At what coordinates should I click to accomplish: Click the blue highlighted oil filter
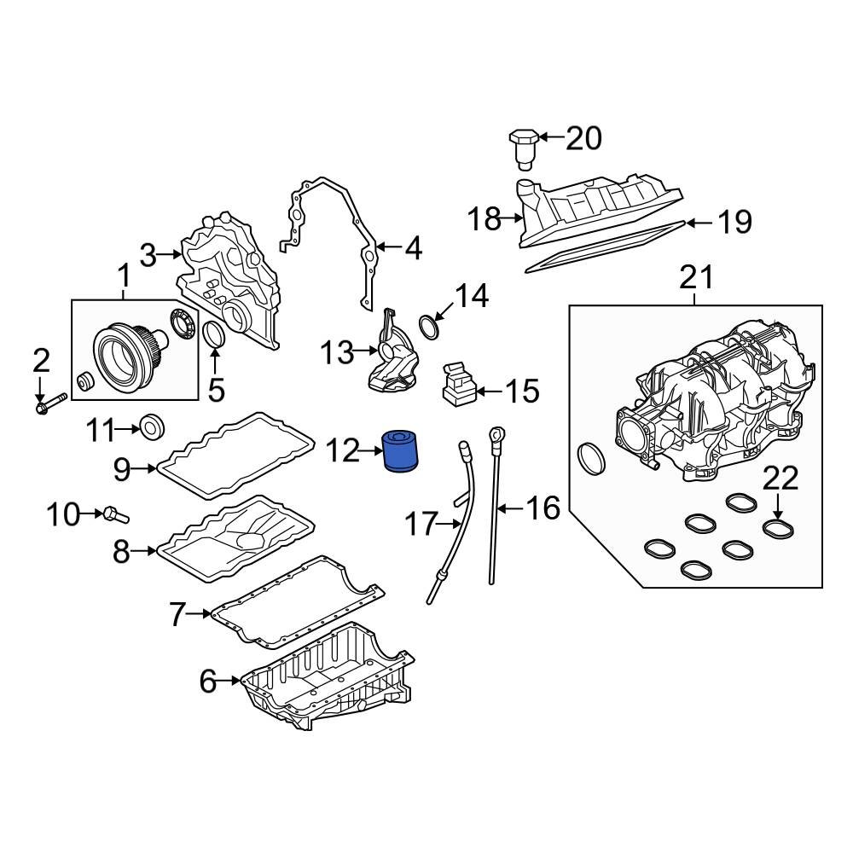402,450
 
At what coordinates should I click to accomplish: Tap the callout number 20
583,138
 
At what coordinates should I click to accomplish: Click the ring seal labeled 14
430,327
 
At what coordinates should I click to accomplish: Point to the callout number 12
343,450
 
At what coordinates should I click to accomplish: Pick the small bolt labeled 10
115,514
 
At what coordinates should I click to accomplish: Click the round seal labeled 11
152,427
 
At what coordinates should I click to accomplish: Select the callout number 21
696,277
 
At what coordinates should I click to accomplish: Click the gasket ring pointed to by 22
779,529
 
